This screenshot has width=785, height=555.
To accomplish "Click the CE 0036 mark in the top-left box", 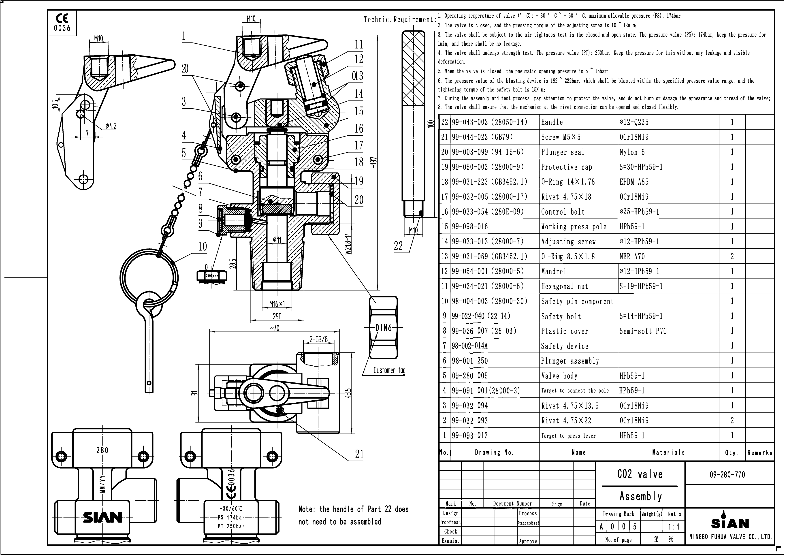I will [62, 23].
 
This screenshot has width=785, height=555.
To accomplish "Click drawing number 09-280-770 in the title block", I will [727, 475].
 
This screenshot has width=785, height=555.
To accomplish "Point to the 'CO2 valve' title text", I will [640, 474].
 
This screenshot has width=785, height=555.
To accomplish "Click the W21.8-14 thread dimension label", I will [348, 244].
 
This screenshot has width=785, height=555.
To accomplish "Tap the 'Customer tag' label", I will [389, 370].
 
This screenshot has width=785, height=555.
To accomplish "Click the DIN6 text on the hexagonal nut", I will [383, 328].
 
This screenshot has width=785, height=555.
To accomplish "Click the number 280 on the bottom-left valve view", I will [102, 450].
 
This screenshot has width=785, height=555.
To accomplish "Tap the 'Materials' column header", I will [668, 453].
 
